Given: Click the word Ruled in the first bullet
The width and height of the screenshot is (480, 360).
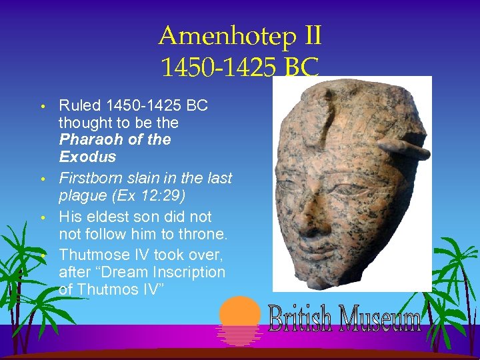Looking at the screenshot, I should (x=79, y=105).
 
